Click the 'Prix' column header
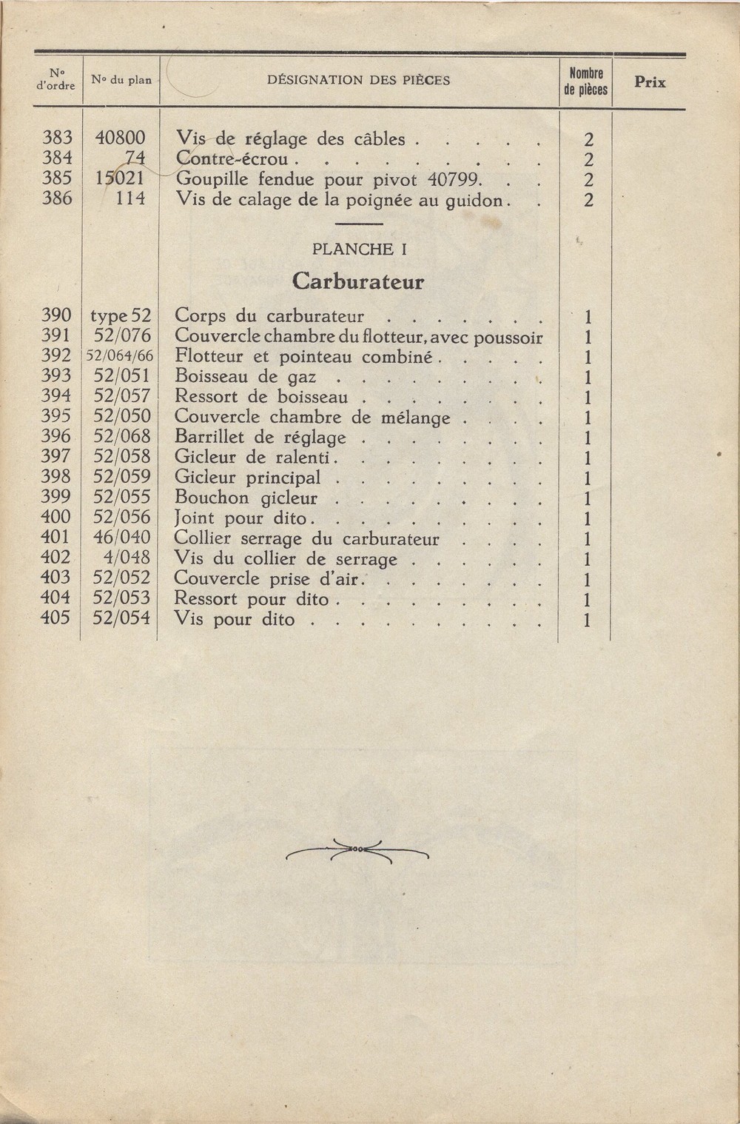pos(650,82)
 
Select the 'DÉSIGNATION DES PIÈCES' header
pos(358,80)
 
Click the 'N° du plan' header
pos(121,80)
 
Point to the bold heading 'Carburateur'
pos(358,281)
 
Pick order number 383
pos(57,138)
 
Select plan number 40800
pos(121,138)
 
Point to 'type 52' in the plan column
pos(121,316)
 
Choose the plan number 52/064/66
pos(120,356)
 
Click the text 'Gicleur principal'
pos(248,478)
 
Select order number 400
pos(56,518)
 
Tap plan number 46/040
pos(122,538)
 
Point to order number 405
pos(56,618)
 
